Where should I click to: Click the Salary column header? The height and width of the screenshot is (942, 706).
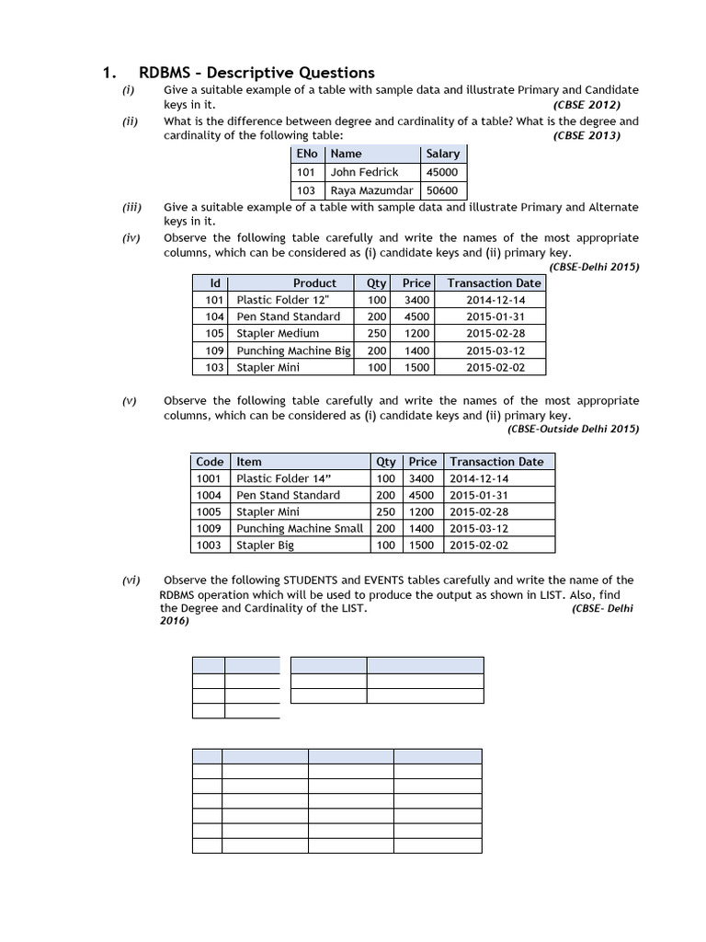(442, 154)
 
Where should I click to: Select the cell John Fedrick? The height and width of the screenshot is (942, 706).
(364, 172)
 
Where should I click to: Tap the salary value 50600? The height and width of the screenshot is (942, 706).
(442, 190)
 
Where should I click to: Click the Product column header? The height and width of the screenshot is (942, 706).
(314, 283)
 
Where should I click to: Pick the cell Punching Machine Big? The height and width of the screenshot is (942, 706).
(293, 350)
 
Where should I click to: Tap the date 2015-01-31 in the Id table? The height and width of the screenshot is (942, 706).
(495, 316)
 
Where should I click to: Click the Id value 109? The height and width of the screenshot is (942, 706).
(214, 350)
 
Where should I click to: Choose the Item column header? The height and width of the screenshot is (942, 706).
(249, 462)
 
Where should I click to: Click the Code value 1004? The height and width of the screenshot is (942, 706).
(210, 495)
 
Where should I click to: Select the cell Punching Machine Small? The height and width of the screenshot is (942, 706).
(300, 529)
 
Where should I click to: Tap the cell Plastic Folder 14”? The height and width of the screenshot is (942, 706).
(283, 478)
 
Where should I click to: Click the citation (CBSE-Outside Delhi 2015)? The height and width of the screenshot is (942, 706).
(574, 429)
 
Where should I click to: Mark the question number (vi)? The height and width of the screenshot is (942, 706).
(131, 580)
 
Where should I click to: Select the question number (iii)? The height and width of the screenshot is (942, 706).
(131, 208)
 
